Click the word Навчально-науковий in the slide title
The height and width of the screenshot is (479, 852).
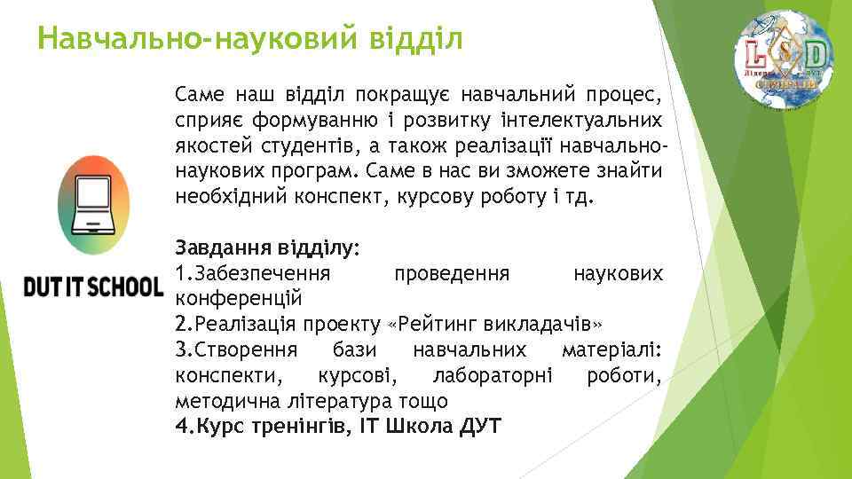click(x=185, y=38)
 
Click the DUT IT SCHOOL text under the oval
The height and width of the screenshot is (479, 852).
click(x=93, y=287)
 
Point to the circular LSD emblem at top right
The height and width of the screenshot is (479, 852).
click(x=783, y=59)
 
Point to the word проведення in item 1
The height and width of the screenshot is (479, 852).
click(x=451, y=271)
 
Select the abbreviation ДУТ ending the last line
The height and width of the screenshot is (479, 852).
click(x=481, y=426)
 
